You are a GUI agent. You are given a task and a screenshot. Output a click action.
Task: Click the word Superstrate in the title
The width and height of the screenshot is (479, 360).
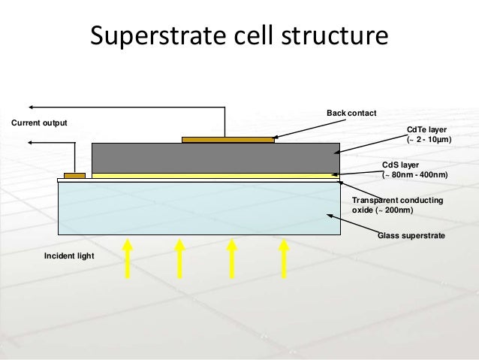tap(155, 37)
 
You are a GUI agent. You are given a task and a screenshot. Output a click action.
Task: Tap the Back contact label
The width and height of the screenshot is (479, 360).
tap(351, 113)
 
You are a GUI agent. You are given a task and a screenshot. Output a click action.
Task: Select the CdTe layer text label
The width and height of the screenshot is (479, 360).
tap(425, 130)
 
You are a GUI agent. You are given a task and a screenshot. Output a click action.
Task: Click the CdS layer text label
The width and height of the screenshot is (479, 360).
tap(400, 165)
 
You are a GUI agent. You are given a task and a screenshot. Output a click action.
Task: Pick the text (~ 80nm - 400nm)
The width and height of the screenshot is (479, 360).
tap(415, 175)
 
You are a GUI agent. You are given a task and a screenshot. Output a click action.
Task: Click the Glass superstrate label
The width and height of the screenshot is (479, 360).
tap(411, 236)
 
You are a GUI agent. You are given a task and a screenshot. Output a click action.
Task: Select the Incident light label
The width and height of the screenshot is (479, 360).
tap(68, 257)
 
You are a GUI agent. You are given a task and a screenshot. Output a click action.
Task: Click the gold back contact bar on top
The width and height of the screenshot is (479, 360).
tap(228, 140)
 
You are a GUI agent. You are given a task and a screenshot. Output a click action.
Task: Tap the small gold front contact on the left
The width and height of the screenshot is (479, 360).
tap(74, 176)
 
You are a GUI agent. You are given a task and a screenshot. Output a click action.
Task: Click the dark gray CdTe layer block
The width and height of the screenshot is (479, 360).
tap(215, 157)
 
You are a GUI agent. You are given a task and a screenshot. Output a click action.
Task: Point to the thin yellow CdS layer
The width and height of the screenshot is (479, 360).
tap(215, 175)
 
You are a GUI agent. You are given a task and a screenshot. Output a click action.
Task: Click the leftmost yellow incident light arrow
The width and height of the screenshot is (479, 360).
tap(128, 257)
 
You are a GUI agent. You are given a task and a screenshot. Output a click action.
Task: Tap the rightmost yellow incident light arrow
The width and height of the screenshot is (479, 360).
tap(284, 257)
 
